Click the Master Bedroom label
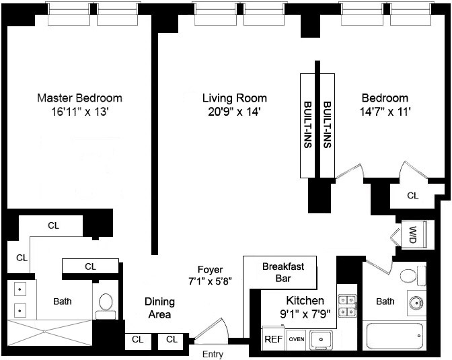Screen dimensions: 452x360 79,98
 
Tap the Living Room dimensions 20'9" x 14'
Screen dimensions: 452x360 234,112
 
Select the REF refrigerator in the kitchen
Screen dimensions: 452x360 272,338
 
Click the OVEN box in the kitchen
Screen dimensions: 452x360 297,339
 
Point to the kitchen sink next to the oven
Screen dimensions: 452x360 321,340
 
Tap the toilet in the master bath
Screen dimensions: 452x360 106,306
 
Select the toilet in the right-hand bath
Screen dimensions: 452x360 413,276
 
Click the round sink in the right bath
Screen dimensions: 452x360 416,303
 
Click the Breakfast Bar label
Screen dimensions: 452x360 283,273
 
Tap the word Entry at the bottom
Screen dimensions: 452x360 213,354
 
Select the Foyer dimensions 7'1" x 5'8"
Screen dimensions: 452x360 210,281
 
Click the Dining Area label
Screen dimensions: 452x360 159,308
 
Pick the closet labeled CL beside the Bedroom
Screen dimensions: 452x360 412,196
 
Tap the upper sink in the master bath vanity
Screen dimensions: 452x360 20,289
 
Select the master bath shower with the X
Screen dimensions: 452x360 50,332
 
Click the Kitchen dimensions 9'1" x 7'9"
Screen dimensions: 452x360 305,314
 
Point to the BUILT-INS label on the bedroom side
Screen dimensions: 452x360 327,124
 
